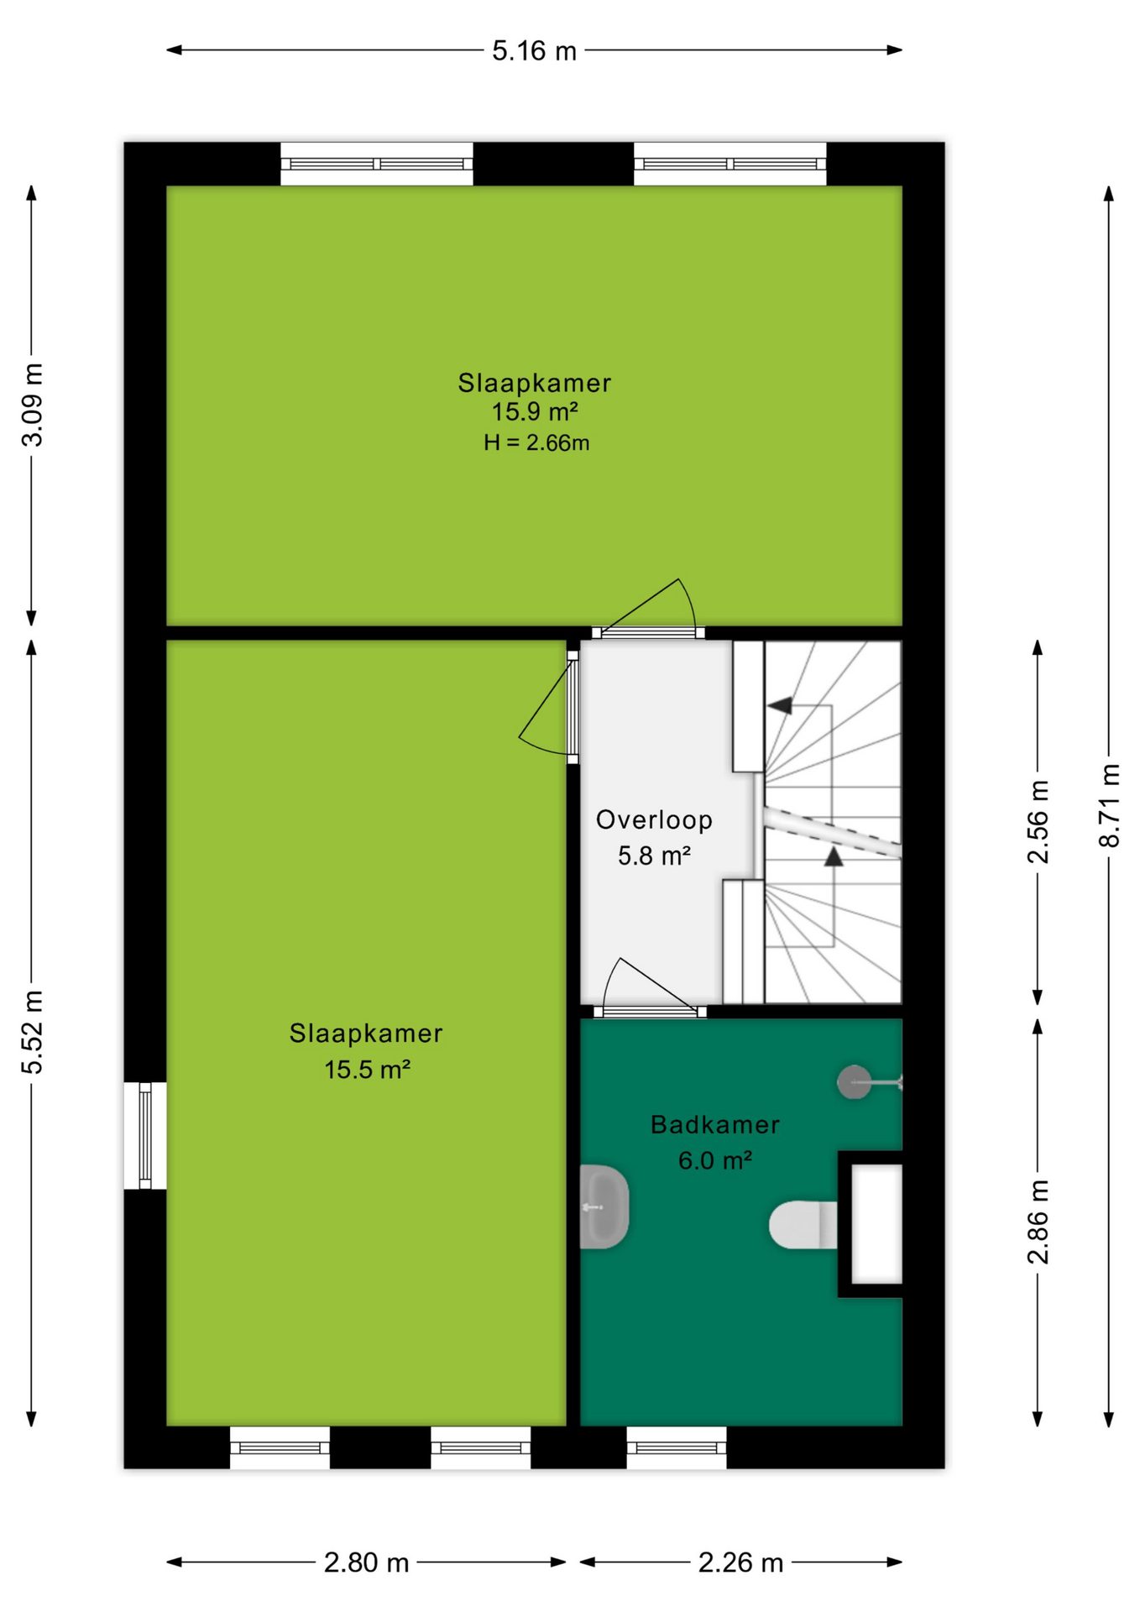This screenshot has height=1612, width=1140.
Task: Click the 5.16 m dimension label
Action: click(x=534, y=51)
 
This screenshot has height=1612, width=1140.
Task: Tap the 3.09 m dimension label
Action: click(x=32, y=405)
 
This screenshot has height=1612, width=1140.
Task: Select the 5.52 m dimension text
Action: click(x=32, y=1032)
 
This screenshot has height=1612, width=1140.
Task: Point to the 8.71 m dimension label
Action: click(x=1109, y=805)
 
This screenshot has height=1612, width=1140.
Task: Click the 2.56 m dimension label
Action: click(x=1038, y=822)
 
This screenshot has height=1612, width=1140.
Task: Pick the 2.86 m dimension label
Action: click(x=1038, y=1222)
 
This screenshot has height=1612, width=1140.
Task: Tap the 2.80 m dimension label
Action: click(x=367, y=1562)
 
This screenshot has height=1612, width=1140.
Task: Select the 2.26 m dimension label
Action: click(x=740, y=1562)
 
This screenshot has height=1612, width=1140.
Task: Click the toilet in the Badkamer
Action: click(x=803, y=1225)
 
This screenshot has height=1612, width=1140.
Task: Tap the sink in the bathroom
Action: click(x=604, y=1206)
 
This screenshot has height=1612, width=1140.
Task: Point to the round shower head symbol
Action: click(x=854, y=1082)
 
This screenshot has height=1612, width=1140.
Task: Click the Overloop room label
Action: click(x=654, y=819)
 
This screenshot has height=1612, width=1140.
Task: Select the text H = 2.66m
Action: click(x=536, y=442)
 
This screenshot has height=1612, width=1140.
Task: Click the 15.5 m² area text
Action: click(x=367, y=1070)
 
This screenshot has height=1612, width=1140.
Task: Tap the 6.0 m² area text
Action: click(x=714, y=1160)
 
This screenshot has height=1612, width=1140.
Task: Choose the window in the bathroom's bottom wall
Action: click(x=677, y=1447)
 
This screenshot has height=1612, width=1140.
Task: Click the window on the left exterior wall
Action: click(x=145, y=1135)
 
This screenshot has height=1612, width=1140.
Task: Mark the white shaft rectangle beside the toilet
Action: click(x=877, y=1223)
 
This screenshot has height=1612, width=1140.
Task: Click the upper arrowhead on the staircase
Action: click(x=780, y=705)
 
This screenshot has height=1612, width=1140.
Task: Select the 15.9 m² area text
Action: click(x=535, y=412)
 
